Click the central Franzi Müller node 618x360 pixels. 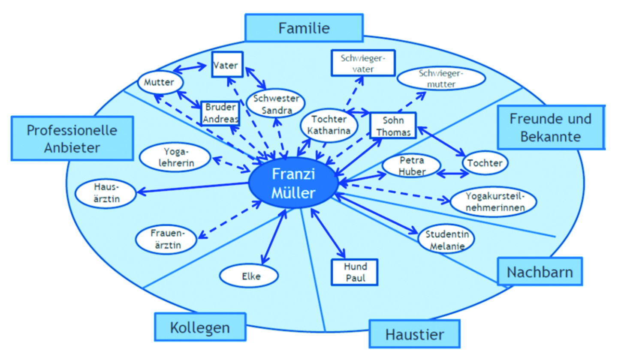click(293, 183)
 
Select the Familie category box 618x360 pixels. click(304, 28)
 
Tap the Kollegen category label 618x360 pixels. click(200, 327)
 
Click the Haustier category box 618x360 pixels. click(414, 334)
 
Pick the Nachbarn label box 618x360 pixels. click(540, 272)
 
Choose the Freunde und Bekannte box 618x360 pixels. click(551, 127)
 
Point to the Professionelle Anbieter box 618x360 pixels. click(72, 138)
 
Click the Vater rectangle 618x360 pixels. click(227, 65)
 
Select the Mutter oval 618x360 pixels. click(160, 82)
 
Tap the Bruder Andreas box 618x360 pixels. click(220, 113)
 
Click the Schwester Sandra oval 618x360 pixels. click(276, 103)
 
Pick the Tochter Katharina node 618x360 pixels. click(329, 125)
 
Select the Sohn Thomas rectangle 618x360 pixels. click(393, 126)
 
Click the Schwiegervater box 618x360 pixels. click(363, 63)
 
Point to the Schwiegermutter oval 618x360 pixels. click(441, 78)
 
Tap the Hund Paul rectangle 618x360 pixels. click(355, 272)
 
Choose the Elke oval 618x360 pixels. click(249, 276)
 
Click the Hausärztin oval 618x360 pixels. click(106, 193)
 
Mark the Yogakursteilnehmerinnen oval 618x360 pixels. click(494, 202)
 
